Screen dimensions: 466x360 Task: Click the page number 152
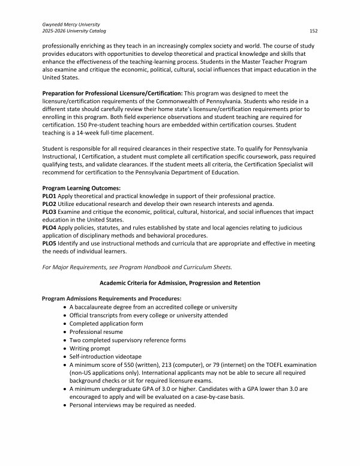pos(313,30)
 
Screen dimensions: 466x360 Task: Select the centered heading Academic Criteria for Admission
pos(179,282)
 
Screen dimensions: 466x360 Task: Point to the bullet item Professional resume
pos(96,331)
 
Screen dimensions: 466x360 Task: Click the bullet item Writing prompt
pos(89,348)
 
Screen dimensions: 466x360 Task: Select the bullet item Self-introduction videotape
pos(103,356)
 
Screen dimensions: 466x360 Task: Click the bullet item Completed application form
pos(106,323)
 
